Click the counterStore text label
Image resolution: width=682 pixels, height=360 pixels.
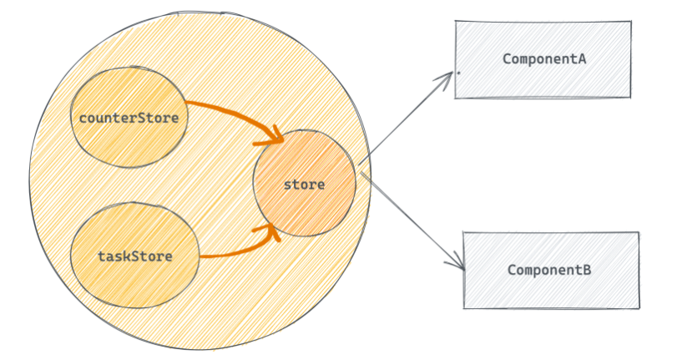point(129,118)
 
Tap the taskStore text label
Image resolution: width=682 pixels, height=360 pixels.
point(134,256)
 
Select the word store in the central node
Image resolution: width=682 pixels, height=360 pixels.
point(304,185)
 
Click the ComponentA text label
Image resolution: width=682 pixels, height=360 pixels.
point(545,59)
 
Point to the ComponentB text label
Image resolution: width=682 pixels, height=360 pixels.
point(549,271)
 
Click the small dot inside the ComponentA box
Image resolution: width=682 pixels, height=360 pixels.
point(458,74)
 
